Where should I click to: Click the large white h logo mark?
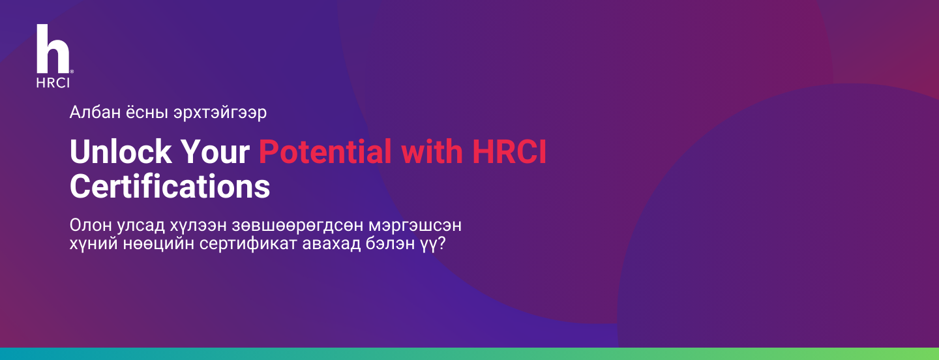[x=53, y=49]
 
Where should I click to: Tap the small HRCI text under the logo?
[x=53, y=83]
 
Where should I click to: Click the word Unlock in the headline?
[x=121, y=151]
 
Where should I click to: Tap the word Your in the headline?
[x=215, y=151]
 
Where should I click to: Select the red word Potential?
[x=325, y=151]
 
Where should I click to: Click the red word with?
[x=432, y=151]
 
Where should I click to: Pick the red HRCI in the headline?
[x=509, y=151]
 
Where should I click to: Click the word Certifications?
[x=170, y=187]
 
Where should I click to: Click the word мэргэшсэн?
[x=415, y=226]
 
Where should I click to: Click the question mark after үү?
[x=441, y=243]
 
